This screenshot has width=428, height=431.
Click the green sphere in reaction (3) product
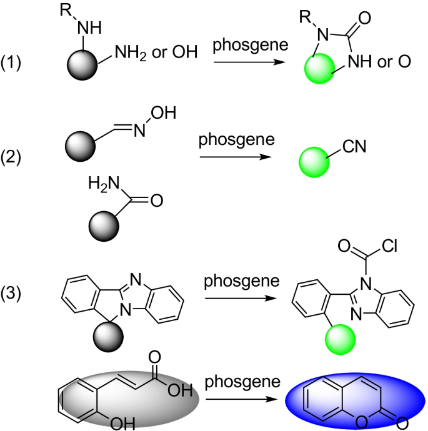pyautogui.click(x=339, y=338)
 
